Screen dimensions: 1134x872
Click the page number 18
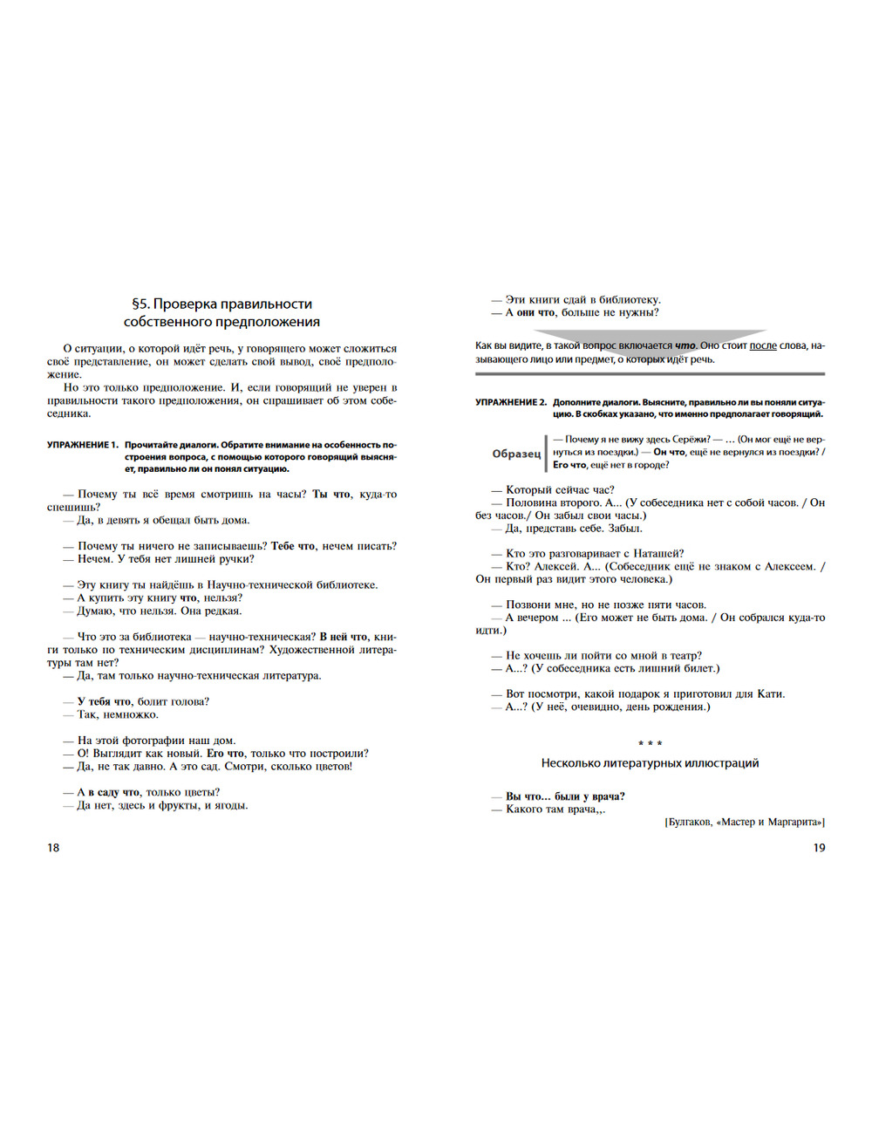tap(53, 848)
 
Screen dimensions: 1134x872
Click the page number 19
tap(819, 848)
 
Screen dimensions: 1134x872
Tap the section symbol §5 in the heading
tap(140, 304)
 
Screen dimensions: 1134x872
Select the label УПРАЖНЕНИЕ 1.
tap(82, 445)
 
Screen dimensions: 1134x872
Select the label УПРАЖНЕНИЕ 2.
tap(510, 402)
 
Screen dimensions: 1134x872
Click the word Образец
tap(516, 454)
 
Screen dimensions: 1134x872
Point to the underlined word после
tap(763, 345)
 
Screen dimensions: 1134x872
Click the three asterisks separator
tap(650, 744)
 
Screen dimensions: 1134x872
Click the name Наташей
tap(662, 553)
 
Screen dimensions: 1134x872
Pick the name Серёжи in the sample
tap(691, 440)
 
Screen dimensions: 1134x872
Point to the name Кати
tap(771, 694)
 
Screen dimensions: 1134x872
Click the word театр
tap(685, 656)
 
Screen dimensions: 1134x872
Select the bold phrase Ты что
tap(331, 495)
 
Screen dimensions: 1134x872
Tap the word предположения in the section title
tap(269, 322)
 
